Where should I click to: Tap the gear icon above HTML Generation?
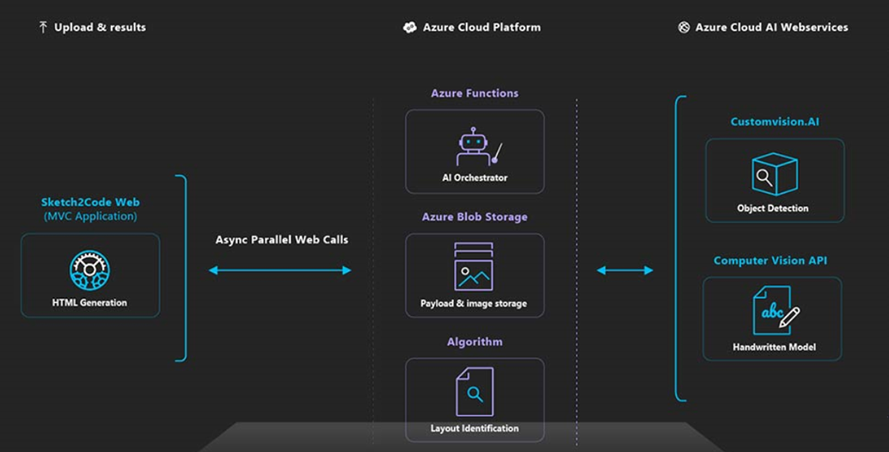(89, 270)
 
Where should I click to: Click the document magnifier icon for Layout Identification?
(475, 392)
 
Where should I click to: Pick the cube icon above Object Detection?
(775, 174)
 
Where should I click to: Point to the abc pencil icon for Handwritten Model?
(776, 310)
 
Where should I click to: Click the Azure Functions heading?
(475, 93)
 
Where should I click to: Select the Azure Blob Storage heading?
(475, 217)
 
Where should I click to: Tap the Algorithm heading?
(475, 342)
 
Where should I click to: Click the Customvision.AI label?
(775, 121)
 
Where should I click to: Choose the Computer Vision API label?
(770, 261)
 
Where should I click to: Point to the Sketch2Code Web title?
(90, 202)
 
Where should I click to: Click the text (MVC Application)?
(90, 216)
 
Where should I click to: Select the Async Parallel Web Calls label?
(282, 239)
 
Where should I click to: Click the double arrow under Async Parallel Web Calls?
(280, 270)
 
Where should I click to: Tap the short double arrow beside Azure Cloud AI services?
(625, 270)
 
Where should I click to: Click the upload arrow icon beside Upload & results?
(42, 27)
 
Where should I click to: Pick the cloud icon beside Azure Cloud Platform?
(409, 28)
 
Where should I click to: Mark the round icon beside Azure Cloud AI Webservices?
(684, 28)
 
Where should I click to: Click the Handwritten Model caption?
(774, 347)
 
